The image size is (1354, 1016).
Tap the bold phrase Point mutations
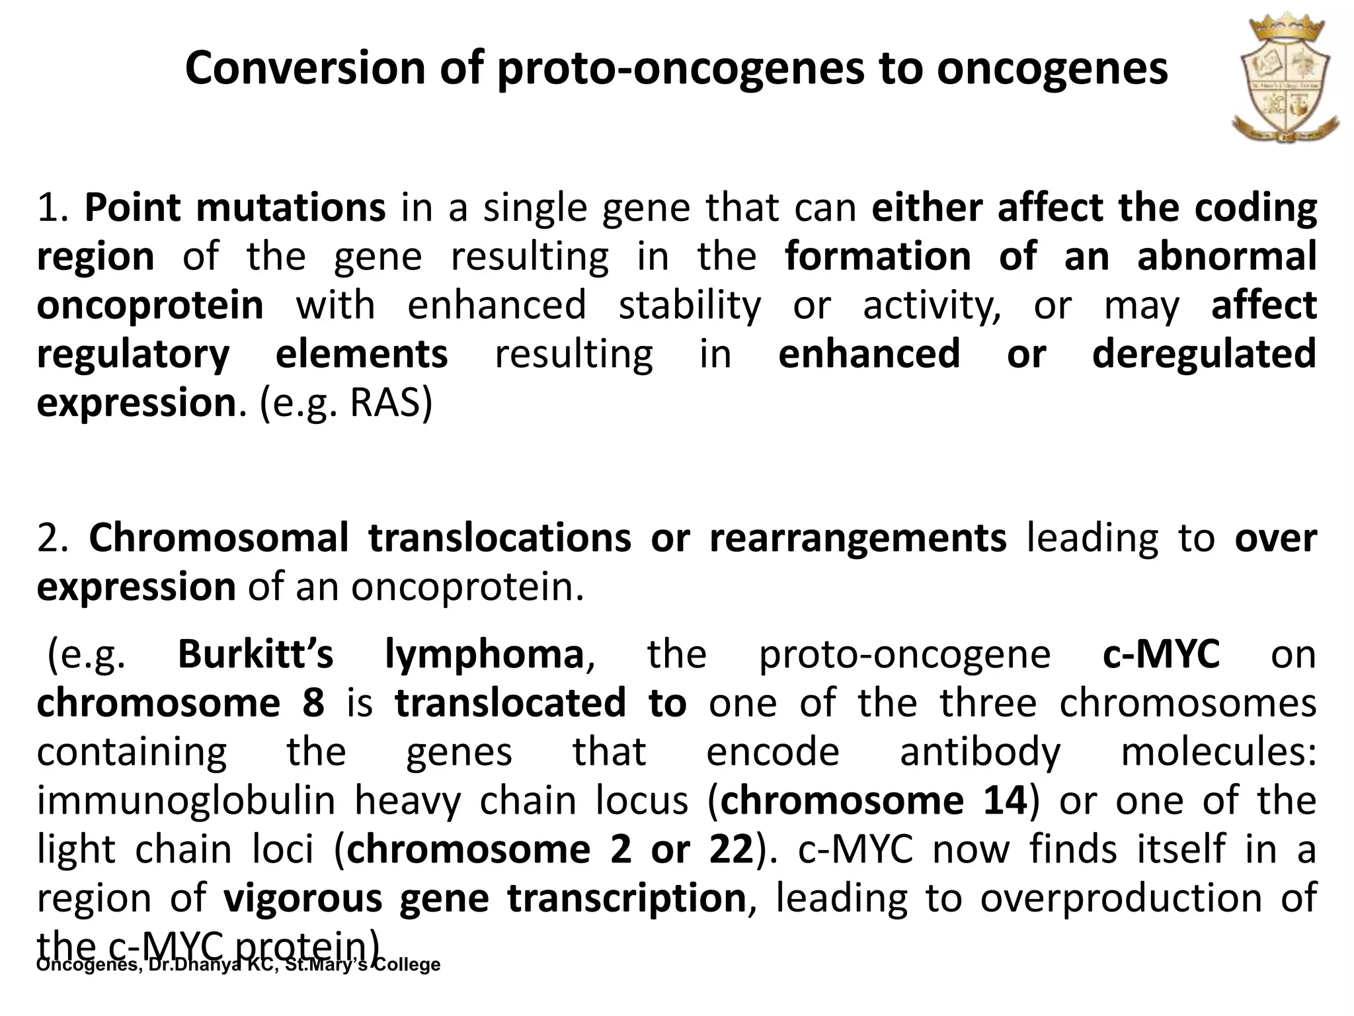(x=235, y=207)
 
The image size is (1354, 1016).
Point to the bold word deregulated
(x=1203, y=354)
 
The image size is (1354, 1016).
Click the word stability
(x=689, y=305)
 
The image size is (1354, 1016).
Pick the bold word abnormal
(x=1226, y=257)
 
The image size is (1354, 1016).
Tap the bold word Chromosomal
(x=219, y=538)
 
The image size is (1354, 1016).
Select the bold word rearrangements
(x=857, y=538)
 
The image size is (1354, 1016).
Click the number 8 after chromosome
(x=313, y=702)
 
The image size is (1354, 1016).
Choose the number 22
(x=731, y=849)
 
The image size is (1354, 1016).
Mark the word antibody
(x=980, y=751)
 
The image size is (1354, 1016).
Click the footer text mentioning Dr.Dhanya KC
(x=238, y=964)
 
